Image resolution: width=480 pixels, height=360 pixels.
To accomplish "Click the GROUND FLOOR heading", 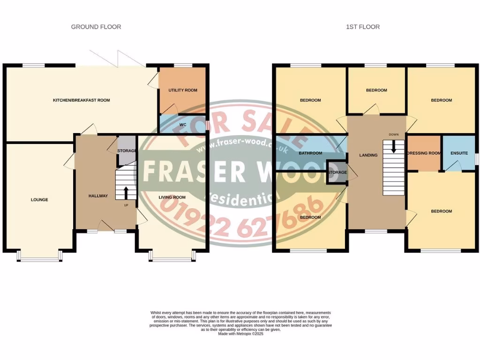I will (x=96, y=27).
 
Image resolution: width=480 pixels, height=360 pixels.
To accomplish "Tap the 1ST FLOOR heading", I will (x=363, y=27).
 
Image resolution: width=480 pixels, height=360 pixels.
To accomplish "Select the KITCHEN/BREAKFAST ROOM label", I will (x=81, y=100).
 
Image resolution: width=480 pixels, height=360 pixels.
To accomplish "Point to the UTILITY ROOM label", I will (x=183, y=90).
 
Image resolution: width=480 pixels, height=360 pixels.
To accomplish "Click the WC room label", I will (x=183, y=125).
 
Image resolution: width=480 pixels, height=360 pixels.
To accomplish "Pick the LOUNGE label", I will (x=39, y=200).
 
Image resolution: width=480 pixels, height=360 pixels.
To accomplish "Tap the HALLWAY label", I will (x=98, y=196).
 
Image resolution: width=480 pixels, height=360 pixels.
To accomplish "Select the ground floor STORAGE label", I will (x=127, y=151).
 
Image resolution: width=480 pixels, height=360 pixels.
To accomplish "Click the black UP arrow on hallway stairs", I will (x=125, y=192).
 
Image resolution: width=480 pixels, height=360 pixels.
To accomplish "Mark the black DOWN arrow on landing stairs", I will (x=394, y=147).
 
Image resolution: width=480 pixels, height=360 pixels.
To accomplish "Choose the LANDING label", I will (x=368, y=155).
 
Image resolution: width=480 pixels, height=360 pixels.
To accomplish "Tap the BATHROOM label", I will (x=310, y=153).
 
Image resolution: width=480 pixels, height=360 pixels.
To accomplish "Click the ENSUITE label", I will (x=458, y=153).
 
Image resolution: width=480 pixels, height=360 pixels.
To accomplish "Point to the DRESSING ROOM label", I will (x=424, y=153).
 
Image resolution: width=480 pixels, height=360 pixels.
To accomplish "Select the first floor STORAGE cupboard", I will (x=337, y=172).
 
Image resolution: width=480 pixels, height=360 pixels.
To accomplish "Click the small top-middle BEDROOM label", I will (x=376, y=90).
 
